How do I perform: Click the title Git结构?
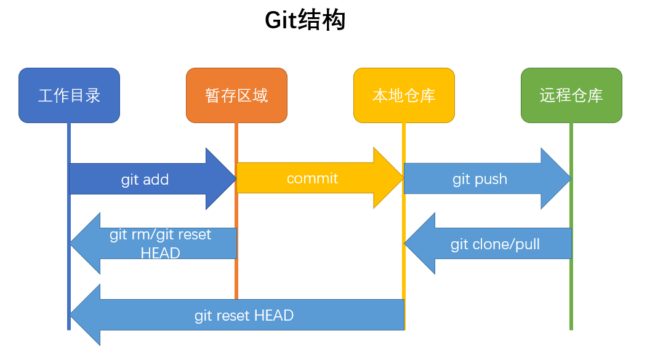tap(305, 20)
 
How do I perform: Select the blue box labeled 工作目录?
tap(69, 95)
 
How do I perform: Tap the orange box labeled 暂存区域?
tap(236, 95)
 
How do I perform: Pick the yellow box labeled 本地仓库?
tap(404, 95)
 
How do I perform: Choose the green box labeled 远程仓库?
tap(571, 95)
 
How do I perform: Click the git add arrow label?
tap(145, 180)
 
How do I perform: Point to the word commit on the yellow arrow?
tap(312, 178)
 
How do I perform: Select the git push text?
tap(480, 179)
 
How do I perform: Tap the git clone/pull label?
tap(495, 244)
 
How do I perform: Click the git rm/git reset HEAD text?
tap(160, 244)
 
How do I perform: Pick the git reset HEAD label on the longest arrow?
tap(244, 316)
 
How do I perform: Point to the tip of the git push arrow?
tap(570, 178)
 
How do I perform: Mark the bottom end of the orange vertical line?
tap(236, 298)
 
